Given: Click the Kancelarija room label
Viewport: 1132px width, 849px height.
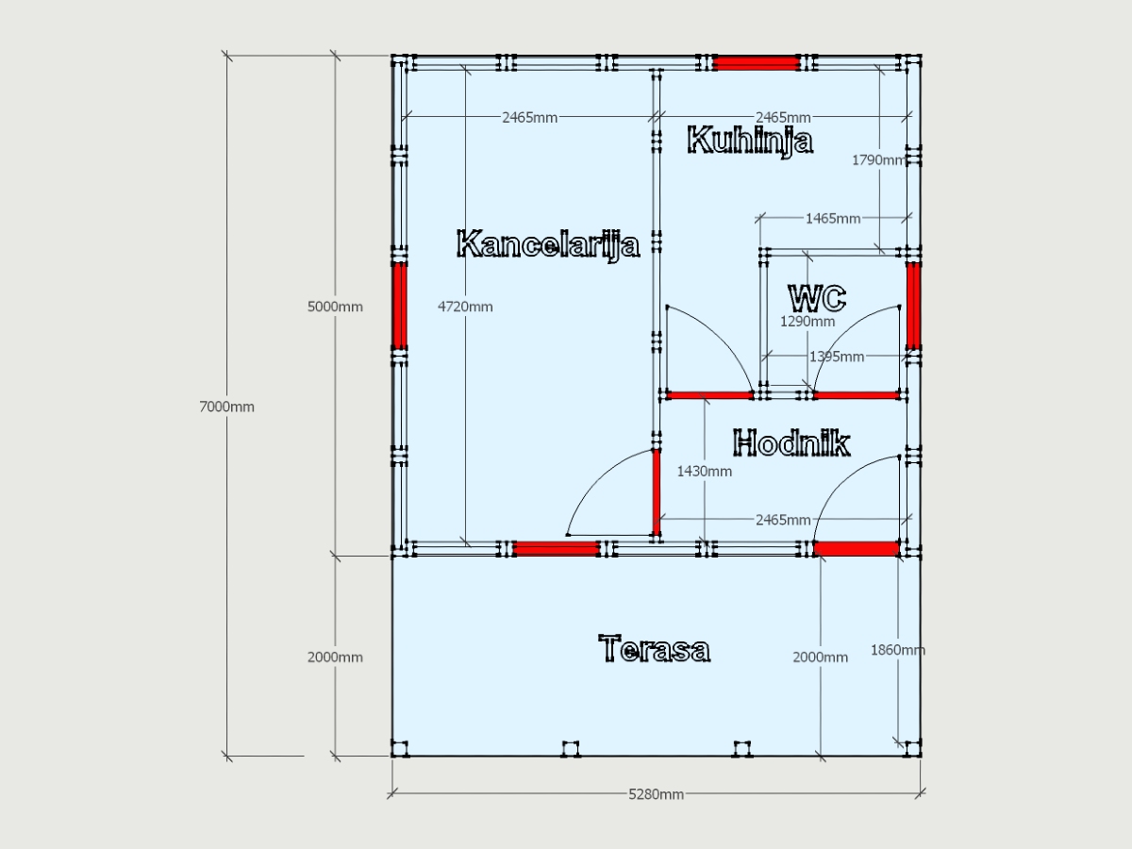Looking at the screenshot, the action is [x=548, y=244].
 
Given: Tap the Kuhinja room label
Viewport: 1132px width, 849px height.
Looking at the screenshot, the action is [x=750, y=141].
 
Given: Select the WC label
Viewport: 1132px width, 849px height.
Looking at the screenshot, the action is [x=818, y=297].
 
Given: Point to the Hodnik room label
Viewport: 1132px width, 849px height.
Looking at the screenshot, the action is [x=791, y=442].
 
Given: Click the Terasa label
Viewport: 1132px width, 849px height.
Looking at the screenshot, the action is [x=655, y=648].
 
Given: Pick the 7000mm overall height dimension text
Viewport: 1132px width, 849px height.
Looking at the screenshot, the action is [x=227, y=407].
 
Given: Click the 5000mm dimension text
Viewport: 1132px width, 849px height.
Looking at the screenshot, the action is [x=335, y=307].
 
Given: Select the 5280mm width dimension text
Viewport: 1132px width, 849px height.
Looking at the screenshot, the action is [x=656, y=794].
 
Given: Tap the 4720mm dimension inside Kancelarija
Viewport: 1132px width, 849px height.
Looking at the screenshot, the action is [x=465, y=307].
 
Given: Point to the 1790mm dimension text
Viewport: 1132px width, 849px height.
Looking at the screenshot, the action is [x=879, y=160].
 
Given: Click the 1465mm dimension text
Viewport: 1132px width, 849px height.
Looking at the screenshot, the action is [x=833, y=219].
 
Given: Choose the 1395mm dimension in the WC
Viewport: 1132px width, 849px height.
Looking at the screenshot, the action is [x=837, y=357].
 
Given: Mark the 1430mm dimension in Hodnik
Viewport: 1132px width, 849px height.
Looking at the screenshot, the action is [x=704, y=471].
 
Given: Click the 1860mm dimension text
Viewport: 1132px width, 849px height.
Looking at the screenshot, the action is [x=898, y=650].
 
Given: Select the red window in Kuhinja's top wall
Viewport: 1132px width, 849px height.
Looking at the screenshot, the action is [x=757, y=63].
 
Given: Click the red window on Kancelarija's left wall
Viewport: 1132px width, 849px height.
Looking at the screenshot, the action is [x=400, y=307].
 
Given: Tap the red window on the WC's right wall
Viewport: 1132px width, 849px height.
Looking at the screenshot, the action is [x=913, y=307].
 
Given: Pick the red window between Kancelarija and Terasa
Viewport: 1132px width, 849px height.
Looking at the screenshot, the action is [x=557, y=548].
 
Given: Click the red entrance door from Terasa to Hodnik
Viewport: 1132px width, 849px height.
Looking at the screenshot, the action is [x=857, y=548].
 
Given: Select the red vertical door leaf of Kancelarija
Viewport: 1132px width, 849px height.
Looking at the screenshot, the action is [x=657, y=492].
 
